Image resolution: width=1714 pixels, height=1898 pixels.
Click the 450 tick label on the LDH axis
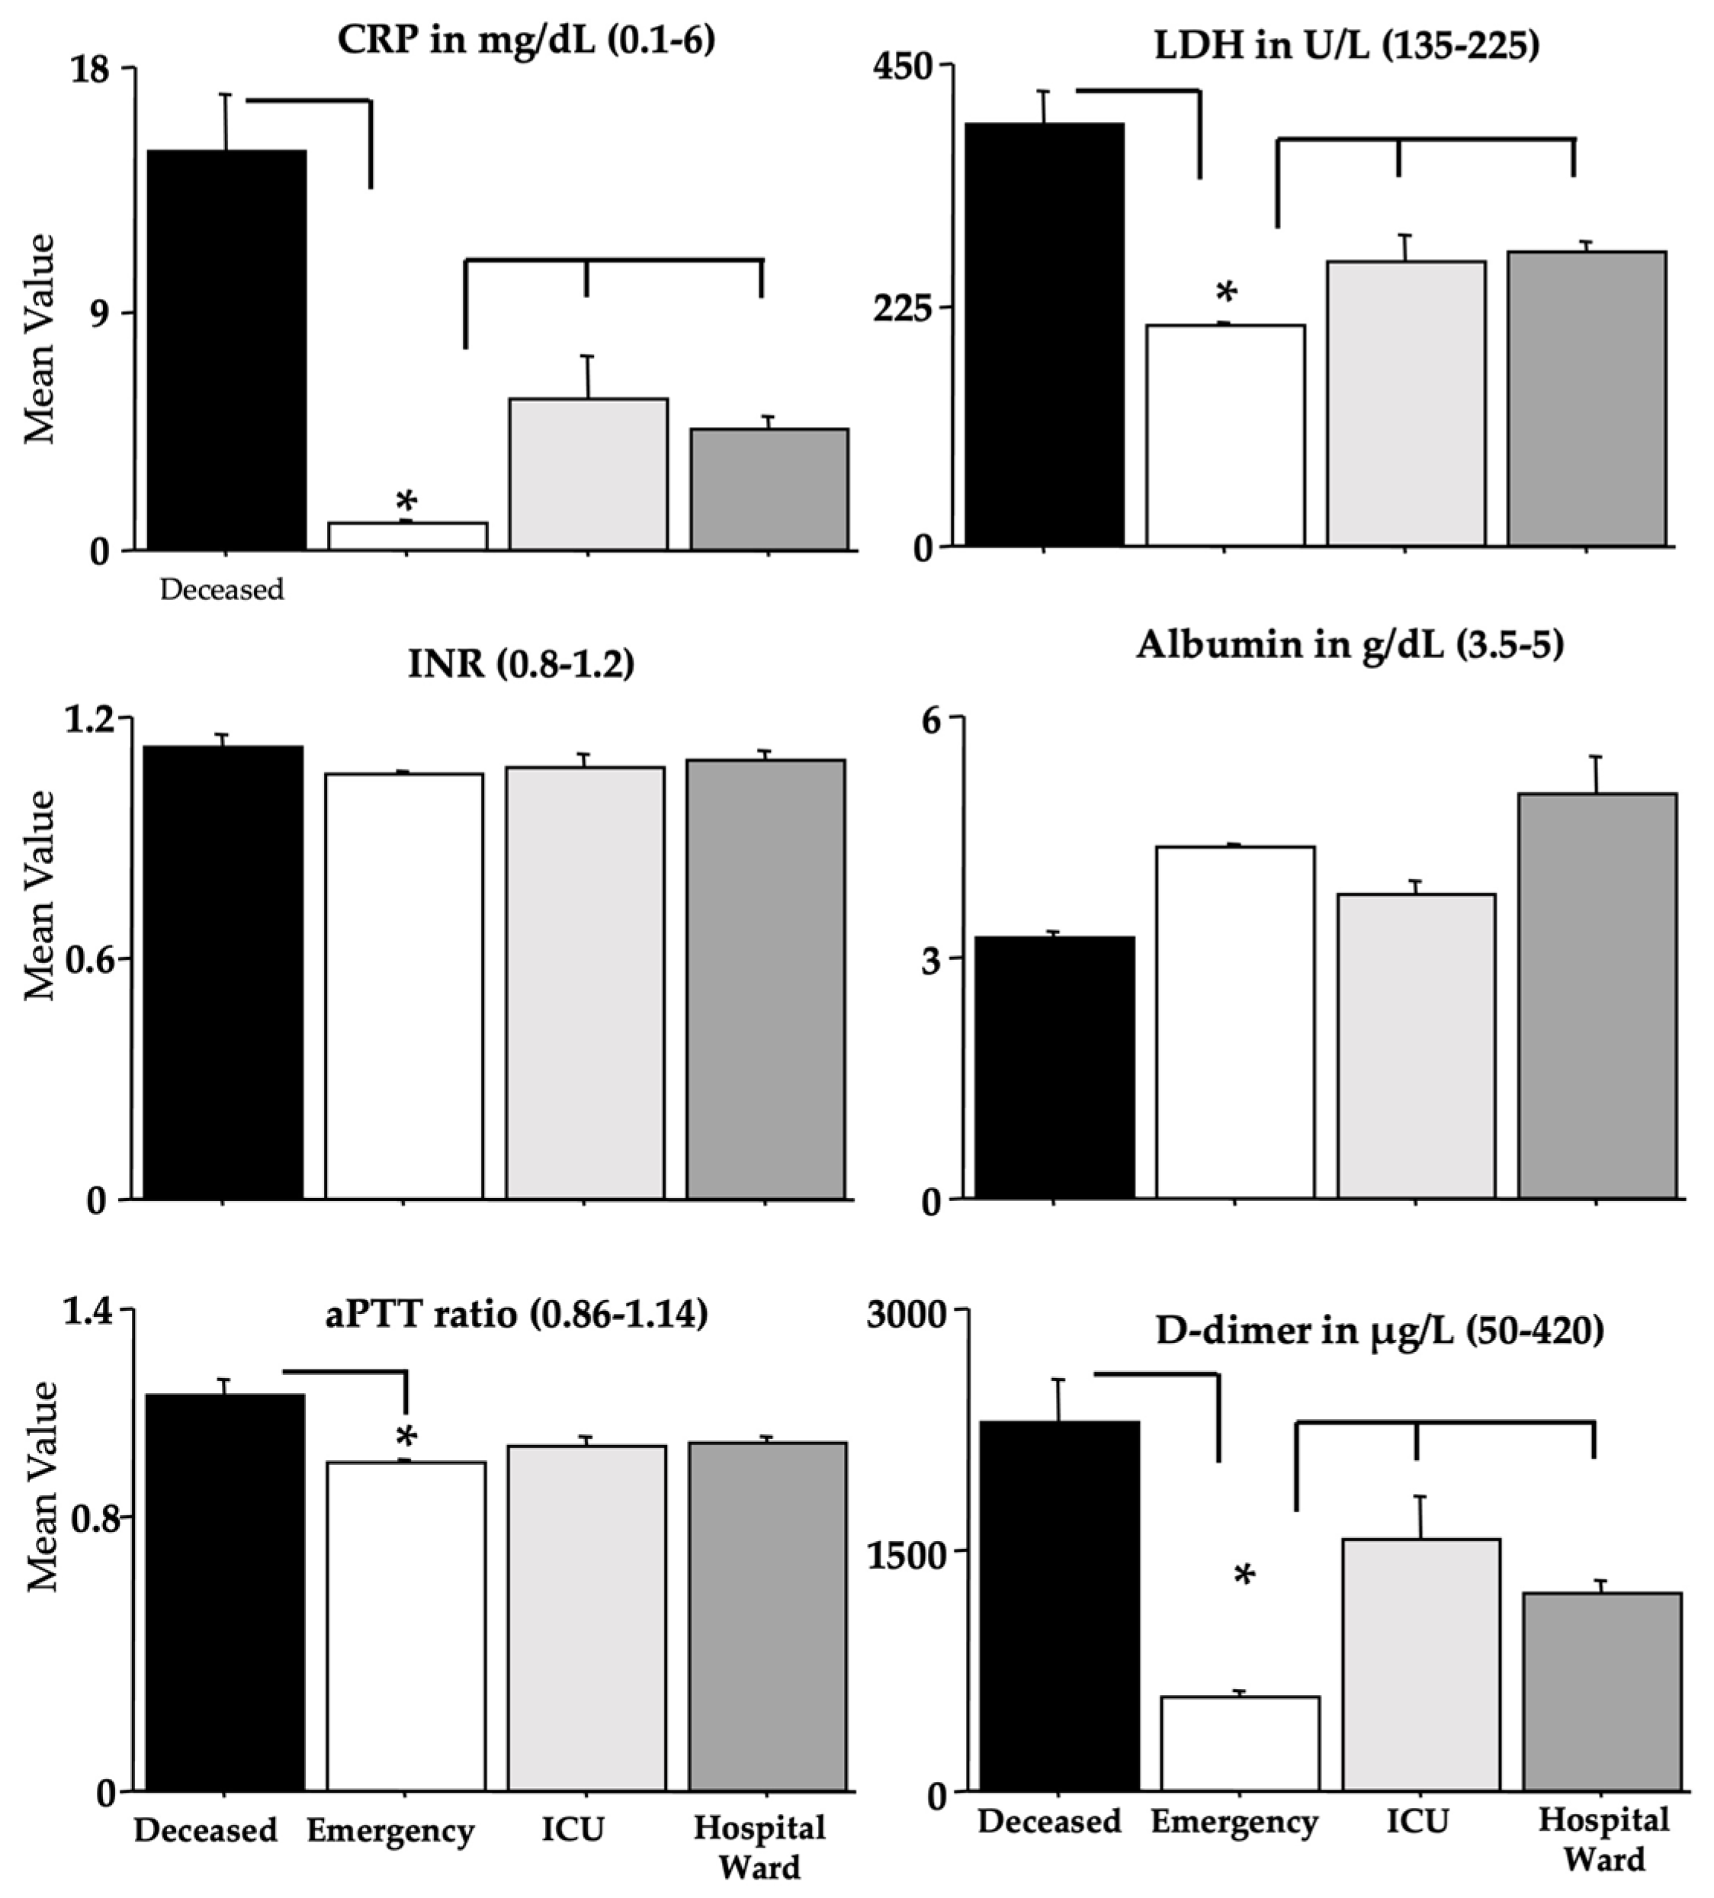pos(903,68)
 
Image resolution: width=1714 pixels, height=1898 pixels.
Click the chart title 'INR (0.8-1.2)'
pos(521,665)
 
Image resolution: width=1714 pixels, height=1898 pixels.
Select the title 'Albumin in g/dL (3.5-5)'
pos(1349,646)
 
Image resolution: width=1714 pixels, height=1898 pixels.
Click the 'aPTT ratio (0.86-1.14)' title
pos(517,1313)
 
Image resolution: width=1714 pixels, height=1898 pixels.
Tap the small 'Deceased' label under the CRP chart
pos(221,590)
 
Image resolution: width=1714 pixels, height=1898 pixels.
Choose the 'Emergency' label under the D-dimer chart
pos(1234,1822)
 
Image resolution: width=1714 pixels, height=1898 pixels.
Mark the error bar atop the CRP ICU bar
pos(587,377)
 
